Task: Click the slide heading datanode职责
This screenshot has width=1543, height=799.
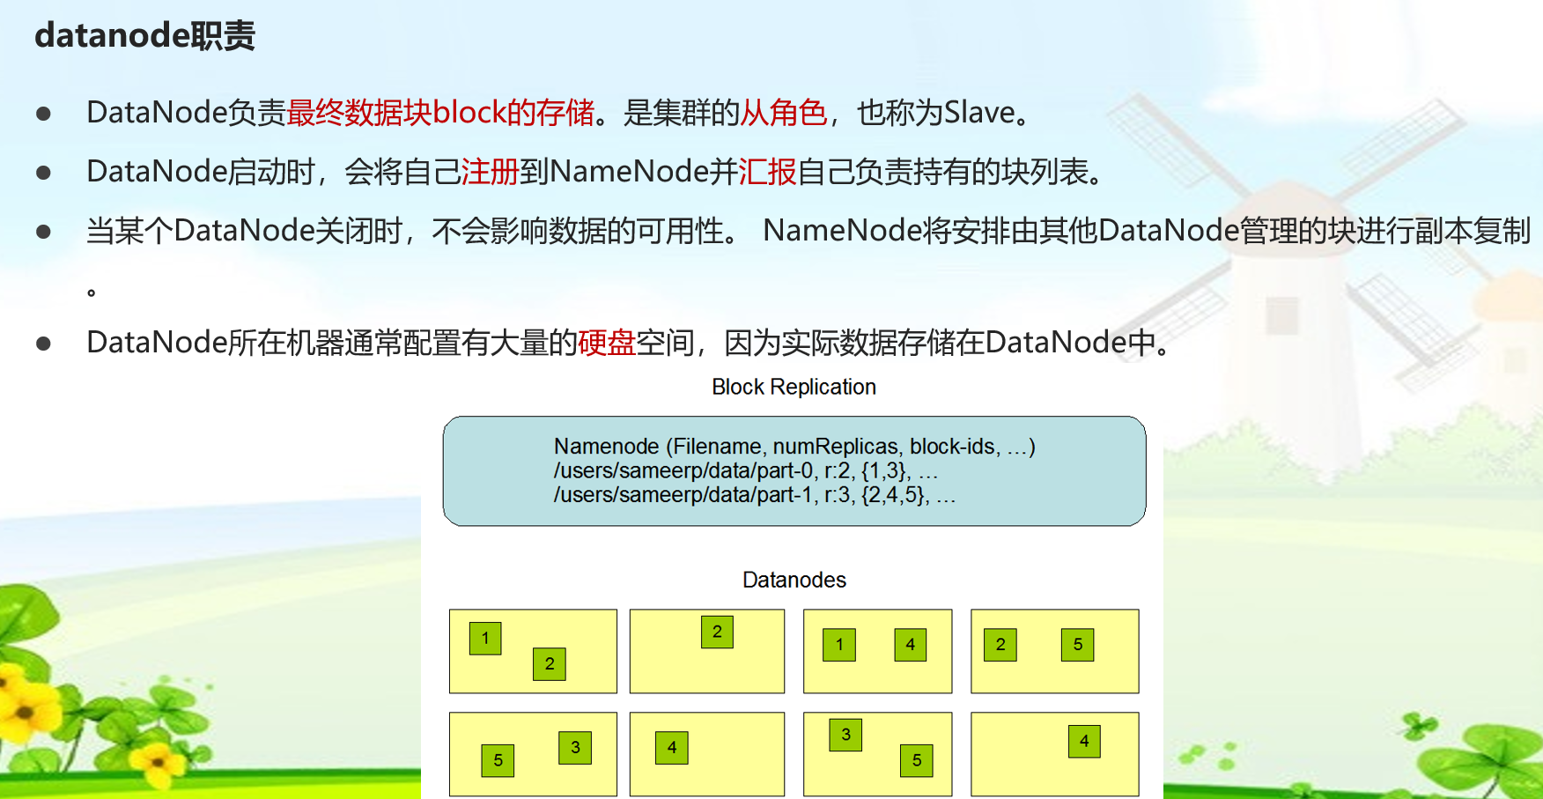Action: click(144, 36)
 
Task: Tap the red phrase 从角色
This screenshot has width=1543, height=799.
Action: click(783, 113)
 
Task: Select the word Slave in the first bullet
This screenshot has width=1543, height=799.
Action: click(979, 113)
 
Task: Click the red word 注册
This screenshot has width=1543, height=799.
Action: click(490, 172)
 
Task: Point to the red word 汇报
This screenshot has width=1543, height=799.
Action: click(767, 172)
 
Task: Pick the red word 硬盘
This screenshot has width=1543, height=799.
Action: click(607, 343)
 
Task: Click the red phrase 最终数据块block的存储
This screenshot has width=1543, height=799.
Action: click(440, 113)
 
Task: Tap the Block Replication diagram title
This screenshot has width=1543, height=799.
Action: click(794, 387)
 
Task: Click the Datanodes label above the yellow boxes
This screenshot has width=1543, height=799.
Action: click(794, 580)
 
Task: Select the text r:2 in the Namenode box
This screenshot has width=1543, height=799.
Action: click(838, 471)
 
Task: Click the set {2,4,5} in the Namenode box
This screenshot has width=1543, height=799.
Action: click(894, 495)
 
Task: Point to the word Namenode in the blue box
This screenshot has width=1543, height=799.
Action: click(606, 447)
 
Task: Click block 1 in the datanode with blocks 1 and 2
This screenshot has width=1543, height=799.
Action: click(485, 639)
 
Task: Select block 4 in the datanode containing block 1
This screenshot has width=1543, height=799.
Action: click(910, 645)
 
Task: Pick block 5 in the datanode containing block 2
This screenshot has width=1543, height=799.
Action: click(1077, 645)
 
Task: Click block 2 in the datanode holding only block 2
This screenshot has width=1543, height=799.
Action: click(717, 632)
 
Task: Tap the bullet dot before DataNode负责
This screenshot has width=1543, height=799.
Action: click(43, 114)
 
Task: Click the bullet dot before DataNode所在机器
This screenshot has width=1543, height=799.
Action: click(43, 344)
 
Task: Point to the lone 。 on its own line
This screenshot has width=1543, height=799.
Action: click(91, 292)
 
